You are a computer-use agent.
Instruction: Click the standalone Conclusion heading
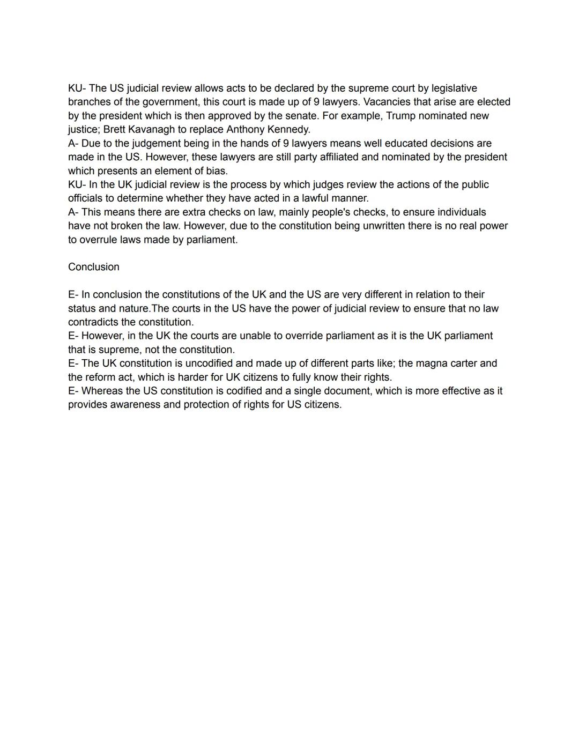(x=94, y=267)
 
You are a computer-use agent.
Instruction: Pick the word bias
(x=217, y=171)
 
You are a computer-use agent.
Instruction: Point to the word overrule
(x=100, y=240)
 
